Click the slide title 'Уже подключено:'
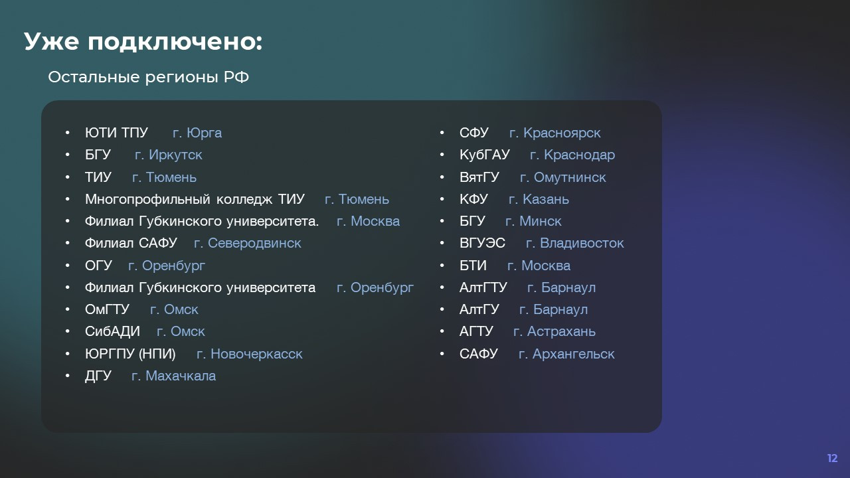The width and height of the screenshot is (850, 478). point(143,42)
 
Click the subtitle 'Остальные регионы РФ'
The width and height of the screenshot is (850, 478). point(148,78)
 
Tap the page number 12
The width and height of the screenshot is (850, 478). point(833,458)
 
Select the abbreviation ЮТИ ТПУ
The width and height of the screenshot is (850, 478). point(116,133)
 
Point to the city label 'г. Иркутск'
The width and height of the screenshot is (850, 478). point(169,155)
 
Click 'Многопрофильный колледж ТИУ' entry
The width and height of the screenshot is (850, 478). point(195,199)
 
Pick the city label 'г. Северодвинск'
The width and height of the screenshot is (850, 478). point(248,243)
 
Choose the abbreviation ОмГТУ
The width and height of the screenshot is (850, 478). point(107,309)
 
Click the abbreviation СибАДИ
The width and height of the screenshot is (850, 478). point(112,331)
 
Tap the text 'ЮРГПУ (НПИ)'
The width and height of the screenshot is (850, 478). point(130,354)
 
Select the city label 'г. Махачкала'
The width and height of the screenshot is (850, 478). point(174,376)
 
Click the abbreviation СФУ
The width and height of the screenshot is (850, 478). point(474,133)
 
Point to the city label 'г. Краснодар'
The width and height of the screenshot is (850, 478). point(572,155)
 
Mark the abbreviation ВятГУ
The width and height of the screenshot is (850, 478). point(479,177)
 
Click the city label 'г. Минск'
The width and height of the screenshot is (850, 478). point(533,221)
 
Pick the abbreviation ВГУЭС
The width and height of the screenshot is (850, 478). point(482,243)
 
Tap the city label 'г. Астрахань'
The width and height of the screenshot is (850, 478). point(554,331)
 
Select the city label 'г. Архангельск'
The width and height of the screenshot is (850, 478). point(566,354)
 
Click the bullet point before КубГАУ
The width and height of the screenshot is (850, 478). point(442,155)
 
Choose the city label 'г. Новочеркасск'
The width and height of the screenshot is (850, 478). point(250,354)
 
